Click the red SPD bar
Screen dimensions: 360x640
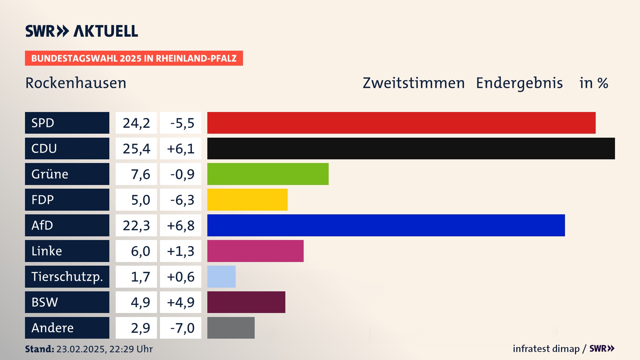pyautogui.click(x=401, y=123)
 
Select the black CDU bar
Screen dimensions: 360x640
pyautogui.click(x=411, y=148)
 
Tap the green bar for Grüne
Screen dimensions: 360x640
pyautogui.click(x=268, y=174)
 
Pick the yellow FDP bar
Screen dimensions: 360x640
pyautogui.click(x=247, y=200)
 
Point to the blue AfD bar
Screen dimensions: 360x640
pyautogui.click(x=386, y=225)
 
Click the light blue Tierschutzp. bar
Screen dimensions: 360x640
pyautogui.click(x=221, y=277)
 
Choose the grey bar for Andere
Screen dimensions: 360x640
pyautogui.click(x=231, y=328)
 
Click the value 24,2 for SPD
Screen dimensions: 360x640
pyautogui.click(x=136, y=123)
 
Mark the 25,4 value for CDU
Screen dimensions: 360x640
pyautogui.click(x=136, y=149)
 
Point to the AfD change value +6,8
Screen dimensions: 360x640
pyautogui.click(x=181, y=226)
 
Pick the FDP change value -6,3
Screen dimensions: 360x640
pyautogui.click(x=182, y=200)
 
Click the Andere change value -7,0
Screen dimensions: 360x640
pyautogui.click(x=182, y=328)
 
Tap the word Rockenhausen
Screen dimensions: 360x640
pyautogui.click(x=76, y=83)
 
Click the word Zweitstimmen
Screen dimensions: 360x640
pyautogui.click(x=414, y=83)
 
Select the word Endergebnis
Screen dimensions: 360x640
pyautogui.click(x=519, y=83)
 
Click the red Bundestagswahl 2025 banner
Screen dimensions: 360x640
pyautogui.click(x=134, y=58)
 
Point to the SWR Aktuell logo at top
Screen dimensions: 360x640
pyautogui.click(x=82, y=31)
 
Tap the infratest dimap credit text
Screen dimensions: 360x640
pyautogui.click(x=546, y=349)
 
